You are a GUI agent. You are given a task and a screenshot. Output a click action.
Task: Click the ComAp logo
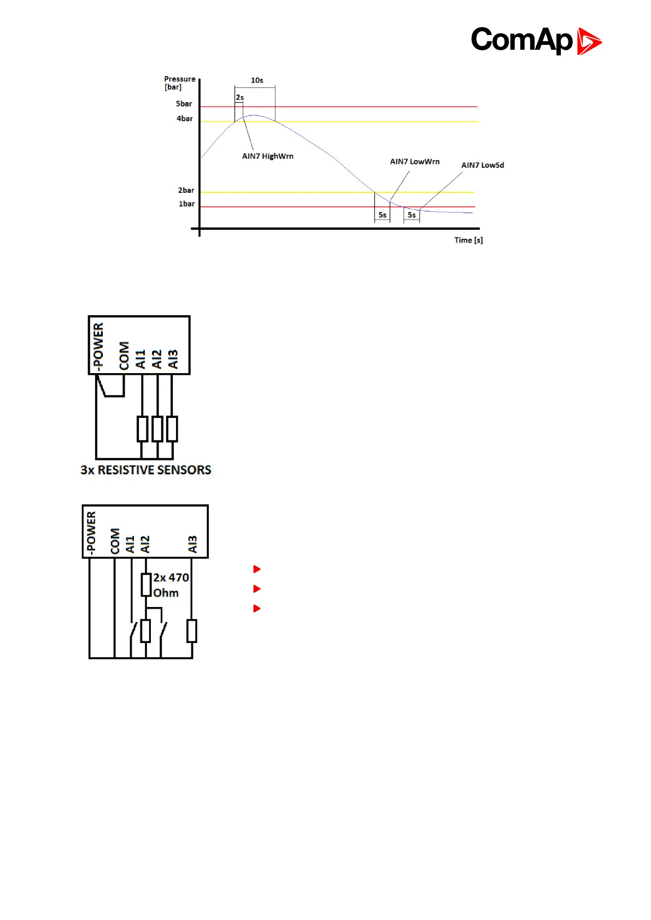point(536,40)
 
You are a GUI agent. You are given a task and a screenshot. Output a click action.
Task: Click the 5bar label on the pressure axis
point(184,104)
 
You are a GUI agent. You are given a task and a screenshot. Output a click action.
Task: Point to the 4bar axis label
point(184,119)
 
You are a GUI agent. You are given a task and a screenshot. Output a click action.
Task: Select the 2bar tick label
point(186,191)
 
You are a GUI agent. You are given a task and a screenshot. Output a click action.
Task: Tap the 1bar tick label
point(186,204)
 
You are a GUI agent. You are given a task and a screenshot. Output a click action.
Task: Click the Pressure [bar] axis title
point(179,83)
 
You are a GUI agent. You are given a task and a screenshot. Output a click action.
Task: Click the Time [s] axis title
point(468,240)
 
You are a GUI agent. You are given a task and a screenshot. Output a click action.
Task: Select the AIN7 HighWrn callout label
point(267,156)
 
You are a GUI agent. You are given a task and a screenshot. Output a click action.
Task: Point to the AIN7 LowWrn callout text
point(414,162)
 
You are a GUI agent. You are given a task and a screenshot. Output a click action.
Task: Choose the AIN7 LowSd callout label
point(482,165)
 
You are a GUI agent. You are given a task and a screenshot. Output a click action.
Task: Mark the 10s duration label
point(257,80)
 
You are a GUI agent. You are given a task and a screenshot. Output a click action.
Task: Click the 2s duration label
point(239,98)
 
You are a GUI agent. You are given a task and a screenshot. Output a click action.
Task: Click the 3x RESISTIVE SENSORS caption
point(145,470)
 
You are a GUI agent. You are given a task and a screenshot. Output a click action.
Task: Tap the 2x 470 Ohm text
point(170,585)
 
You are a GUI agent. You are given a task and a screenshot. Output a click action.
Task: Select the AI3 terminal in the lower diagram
point(192,544)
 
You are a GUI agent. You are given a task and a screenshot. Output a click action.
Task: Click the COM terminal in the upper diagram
point(124,356)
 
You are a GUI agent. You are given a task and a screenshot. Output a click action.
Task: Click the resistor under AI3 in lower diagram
point(192,631)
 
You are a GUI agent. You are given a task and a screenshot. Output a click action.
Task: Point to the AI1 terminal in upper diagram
point(140,359)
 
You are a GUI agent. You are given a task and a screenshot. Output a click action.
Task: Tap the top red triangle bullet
point(257,569)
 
